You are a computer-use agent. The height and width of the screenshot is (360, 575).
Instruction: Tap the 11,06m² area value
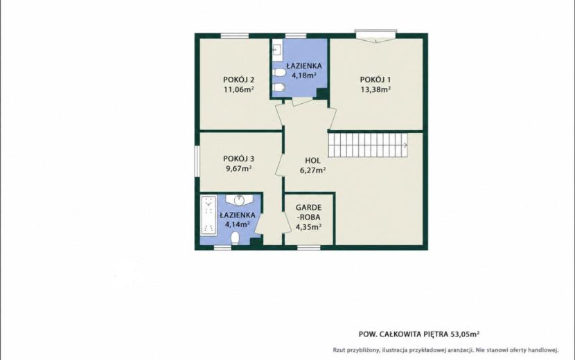239,89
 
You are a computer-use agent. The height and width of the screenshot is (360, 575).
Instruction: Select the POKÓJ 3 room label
239,159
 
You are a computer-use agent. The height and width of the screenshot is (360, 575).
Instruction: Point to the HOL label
313,161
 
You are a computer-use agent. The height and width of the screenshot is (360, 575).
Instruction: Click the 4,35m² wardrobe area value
309,226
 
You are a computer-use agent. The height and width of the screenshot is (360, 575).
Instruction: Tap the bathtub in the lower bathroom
209,215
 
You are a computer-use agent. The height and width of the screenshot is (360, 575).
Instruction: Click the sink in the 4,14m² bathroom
239,200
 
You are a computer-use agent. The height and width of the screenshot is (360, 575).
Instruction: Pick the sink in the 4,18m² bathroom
276,49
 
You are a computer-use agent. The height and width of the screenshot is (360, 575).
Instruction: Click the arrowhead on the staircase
405,145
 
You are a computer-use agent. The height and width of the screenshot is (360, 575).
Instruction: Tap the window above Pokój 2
235,35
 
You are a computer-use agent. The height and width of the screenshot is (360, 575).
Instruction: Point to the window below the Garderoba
309,248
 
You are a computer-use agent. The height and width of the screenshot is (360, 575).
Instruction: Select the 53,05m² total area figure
465,334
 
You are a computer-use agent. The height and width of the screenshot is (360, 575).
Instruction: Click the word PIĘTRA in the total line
436,334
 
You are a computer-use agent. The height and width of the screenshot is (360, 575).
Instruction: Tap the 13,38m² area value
375,89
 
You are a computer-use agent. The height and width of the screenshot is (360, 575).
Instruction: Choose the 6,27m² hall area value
313,170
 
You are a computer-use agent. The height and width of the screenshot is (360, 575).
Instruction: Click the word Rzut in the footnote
339,350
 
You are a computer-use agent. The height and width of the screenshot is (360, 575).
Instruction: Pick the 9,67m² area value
239,169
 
